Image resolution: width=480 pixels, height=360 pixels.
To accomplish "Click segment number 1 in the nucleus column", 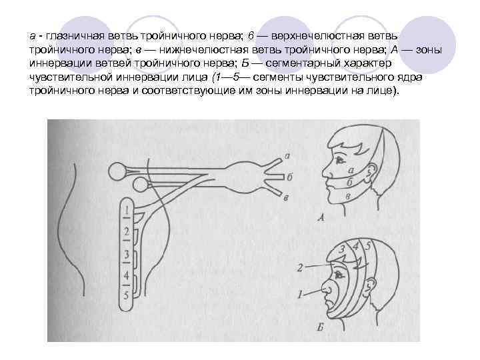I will click(x=126, y=213).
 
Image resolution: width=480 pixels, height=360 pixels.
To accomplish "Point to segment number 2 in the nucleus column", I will click(x=126, y=232).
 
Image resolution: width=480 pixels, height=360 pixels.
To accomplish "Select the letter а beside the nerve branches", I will click(x=287, y=157).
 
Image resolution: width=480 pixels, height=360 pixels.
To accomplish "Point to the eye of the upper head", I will click(x=341, y=161).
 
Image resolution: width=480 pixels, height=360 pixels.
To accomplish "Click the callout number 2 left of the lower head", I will click(x=300, y=267).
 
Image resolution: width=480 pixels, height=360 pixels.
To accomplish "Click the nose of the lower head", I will click(x=326, y=289).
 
